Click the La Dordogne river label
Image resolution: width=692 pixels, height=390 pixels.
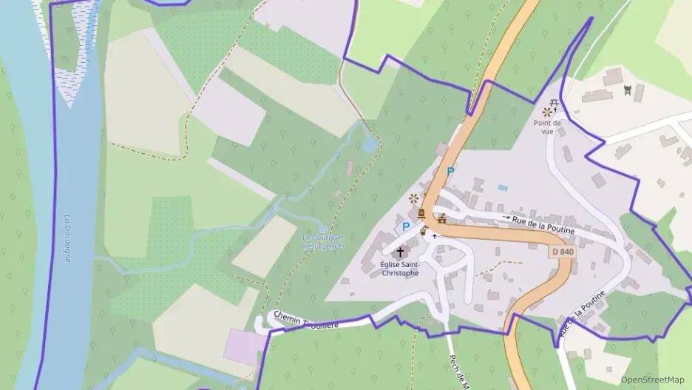(x=67, y=238)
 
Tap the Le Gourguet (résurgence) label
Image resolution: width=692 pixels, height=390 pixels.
(x=323, y=242)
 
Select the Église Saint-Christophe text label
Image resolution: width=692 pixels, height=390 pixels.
(x=399, y=269)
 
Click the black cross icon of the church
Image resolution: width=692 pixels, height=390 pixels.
(x=400, y=252)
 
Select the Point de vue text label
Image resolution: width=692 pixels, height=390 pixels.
(x=547, y=127)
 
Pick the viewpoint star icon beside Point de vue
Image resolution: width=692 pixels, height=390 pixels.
(x=547, y=112)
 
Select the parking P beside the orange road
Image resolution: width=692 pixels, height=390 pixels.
(x=450, y=171)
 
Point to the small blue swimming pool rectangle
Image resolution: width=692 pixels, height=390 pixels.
(x=503, y=188)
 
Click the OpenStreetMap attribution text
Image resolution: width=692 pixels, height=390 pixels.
(x=652, y=380)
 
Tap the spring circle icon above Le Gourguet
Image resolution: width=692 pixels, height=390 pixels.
(x=322, y=229)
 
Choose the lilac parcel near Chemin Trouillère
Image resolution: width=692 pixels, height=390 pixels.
(x=242, y=346)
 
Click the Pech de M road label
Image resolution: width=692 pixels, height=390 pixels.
(x=459, y=370)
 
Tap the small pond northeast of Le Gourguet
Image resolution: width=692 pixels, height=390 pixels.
(x=369, y=146)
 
